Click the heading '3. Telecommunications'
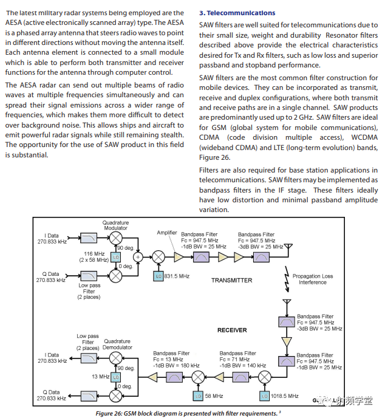click(x=237, y=13)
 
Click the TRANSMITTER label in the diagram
click(x=231, y=280)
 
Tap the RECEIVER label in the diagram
click(x=232, y=330)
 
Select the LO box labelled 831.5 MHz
click(x=157, y=276)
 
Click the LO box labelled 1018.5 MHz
click(x=264, y=396)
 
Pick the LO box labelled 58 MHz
click(x=197, y=396)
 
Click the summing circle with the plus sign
click(x=138, y=257)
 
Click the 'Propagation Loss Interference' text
click(x=313, y=279)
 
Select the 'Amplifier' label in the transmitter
click(x=167, y=233)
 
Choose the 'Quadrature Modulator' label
click(x=115, y=225)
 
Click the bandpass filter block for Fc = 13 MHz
click(x=175, y=378)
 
